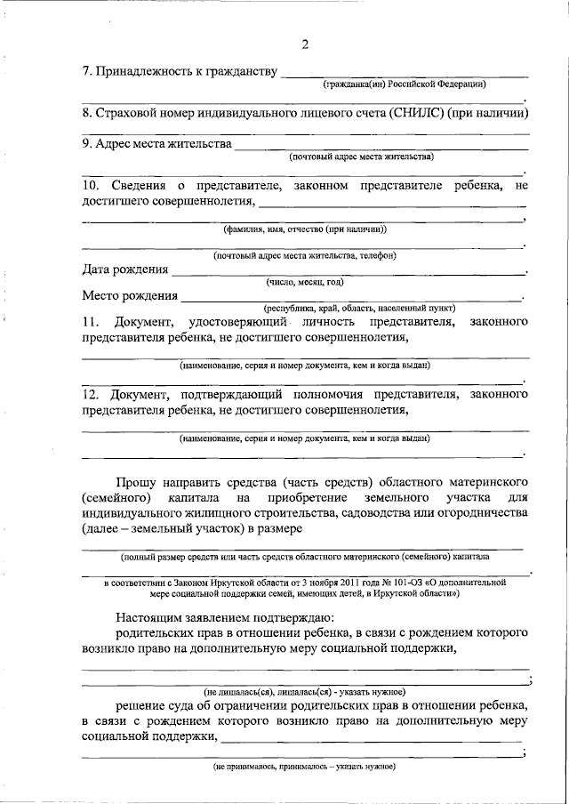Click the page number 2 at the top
[x=305, y=45]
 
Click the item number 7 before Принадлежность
[x=86, y=70]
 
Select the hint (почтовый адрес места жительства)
[x=362, y=157]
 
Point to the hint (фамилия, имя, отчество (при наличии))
[x=305, y=229]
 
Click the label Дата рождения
[x=124, y=269]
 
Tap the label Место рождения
[x=130, y=295]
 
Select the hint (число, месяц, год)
[x=305, y=282]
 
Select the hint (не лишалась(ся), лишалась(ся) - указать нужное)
[x=305, y=691]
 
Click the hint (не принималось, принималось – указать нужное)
[x=305, y=766]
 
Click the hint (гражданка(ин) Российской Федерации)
[x=404, y=84]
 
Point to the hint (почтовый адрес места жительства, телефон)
[x=305, y=255]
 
